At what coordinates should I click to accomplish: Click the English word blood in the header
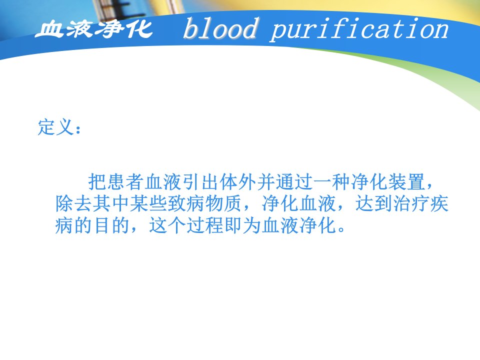(220, 28)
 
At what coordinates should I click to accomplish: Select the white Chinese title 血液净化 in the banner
(93, 29)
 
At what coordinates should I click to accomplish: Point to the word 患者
(125, 182)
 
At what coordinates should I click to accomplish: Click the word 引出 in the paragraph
(200, 182)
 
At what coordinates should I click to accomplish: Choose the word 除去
(74, 203)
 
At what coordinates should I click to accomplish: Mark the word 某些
(148, 203)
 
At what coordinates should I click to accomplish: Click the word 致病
(186, 203)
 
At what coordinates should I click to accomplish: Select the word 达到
(374, 203)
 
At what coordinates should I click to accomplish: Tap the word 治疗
(411, 203)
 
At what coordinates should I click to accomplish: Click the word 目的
(111, 225)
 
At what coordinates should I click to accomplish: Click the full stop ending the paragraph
(341, 229)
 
